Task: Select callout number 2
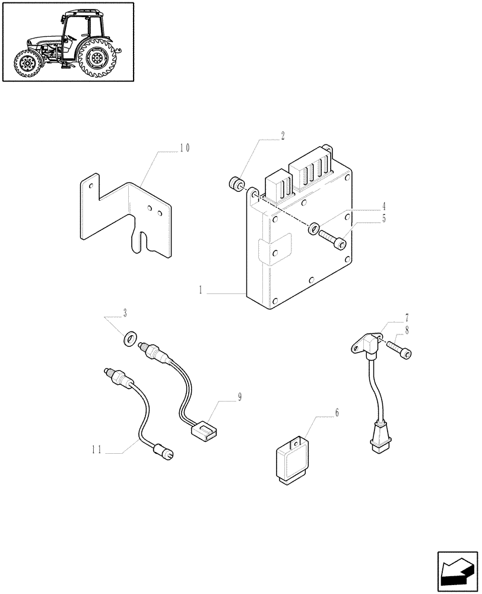pyautogui.click(x=283, y=136)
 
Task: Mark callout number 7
pyautogui.click(x=407, y=318)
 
